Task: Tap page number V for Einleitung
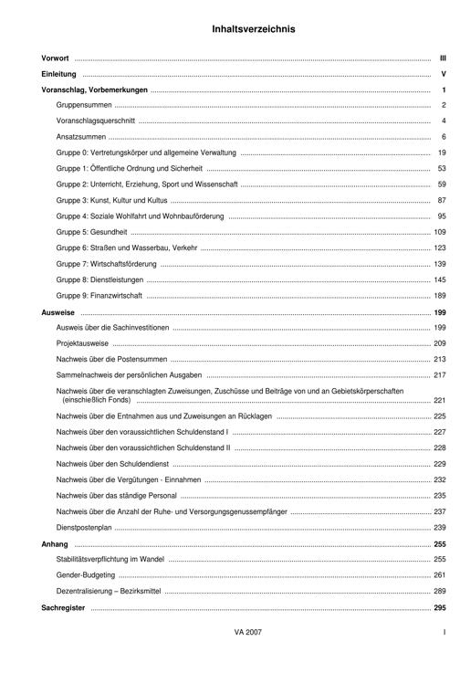pos(442,74)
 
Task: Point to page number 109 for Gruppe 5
pos(439,232)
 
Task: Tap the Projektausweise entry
pos(82,343)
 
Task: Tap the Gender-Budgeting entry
pos(86,575)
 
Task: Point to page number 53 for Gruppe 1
pos(441,169)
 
